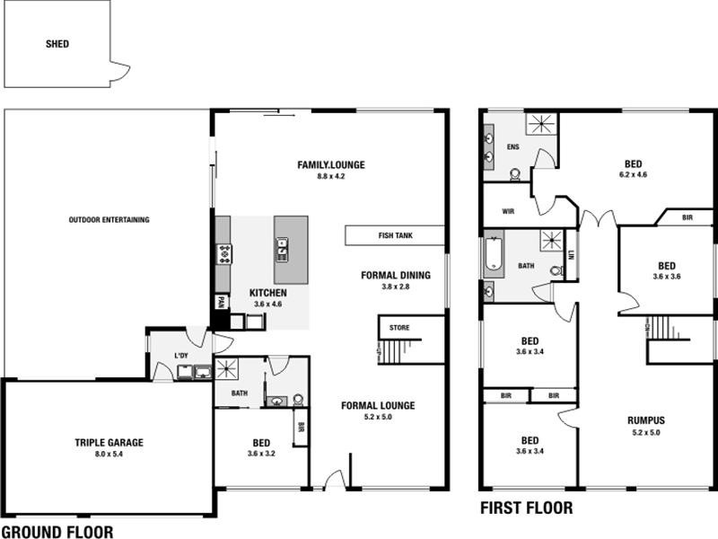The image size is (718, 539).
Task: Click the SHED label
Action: coord(57,43)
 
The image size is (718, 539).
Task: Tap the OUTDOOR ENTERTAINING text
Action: coord(109,220)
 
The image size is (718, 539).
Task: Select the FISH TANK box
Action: coord(395,235)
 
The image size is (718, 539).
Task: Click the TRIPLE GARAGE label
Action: coord(109,442)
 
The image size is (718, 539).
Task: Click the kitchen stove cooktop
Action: coord(223,254)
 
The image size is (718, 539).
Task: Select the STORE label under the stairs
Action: coord(398,328)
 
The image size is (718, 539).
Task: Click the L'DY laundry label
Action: coord(182,356)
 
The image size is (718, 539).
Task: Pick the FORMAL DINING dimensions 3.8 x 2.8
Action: coord(396,287)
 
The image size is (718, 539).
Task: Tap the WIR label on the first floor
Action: coord(508,213)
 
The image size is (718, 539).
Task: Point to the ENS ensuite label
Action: coord(513,146)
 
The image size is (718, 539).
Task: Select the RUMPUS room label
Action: coord(646,420)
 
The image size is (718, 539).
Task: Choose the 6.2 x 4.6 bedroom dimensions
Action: coord(634,176)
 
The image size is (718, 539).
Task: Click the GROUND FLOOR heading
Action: coord(58,532)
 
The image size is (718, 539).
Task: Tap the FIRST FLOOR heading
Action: coord(526,508)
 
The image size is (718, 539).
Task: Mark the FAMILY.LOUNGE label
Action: coord(331,164)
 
